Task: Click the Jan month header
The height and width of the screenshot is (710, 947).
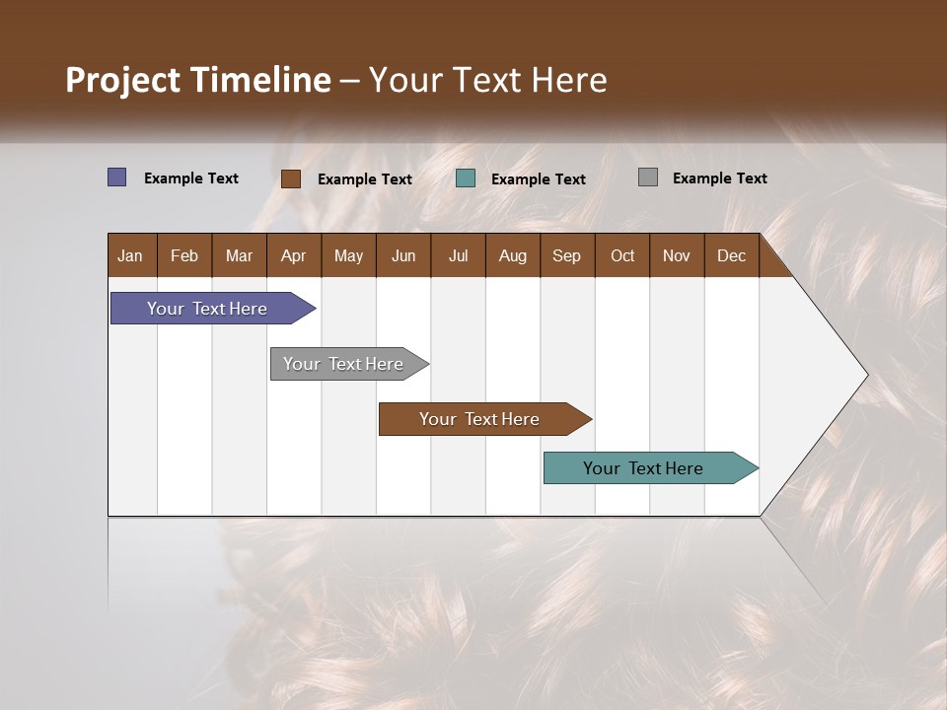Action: point(131,255)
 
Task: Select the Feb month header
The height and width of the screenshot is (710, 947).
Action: point(184,255)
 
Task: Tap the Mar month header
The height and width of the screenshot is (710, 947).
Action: point(239,255)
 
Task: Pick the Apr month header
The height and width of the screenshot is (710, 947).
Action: point(294,255)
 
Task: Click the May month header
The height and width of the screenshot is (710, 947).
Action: point(348,255)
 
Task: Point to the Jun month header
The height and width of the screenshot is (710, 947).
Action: point(403,255)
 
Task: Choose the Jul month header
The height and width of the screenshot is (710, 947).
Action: point(458,255)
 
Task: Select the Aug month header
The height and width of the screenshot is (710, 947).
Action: point(513,255)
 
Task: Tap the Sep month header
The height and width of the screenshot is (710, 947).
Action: point(567,255)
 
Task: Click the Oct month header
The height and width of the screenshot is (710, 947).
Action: point(622,255)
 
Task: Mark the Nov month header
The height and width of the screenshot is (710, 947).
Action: point(677,255)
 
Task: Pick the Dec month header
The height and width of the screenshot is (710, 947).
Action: point(732,255)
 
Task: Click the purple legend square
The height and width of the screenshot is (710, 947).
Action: point(117,177)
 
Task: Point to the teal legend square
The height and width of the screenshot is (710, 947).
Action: point(466,178)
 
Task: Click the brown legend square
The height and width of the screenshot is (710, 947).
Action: point(291,178)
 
